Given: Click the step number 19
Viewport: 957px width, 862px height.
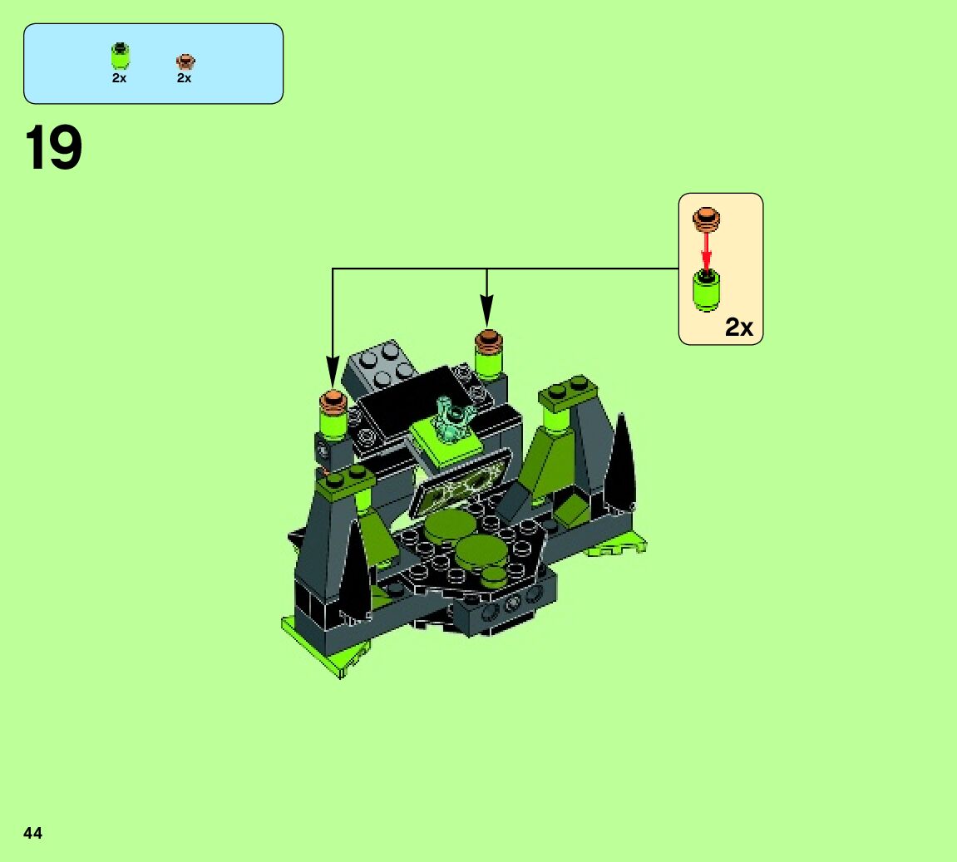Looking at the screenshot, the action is click(53, 147).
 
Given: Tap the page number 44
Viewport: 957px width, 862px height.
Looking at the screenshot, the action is click(33, 833).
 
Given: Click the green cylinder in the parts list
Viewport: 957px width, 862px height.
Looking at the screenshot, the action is click(121, 56).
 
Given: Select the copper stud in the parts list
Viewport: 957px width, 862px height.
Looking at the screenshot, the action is click(185, 61).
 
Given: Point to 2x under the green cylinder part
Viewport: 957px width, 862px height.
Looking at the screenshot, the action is click(119, 78).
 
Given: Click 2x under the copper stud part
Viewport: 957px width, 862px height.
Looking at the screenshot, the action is click(184, 78).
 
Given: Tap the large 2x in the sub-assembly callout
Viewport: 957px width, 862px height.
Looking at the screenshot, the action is click(738, 328).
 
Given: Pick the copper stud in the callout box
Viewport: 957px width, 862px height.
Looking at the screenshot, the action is click(706, 219).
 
